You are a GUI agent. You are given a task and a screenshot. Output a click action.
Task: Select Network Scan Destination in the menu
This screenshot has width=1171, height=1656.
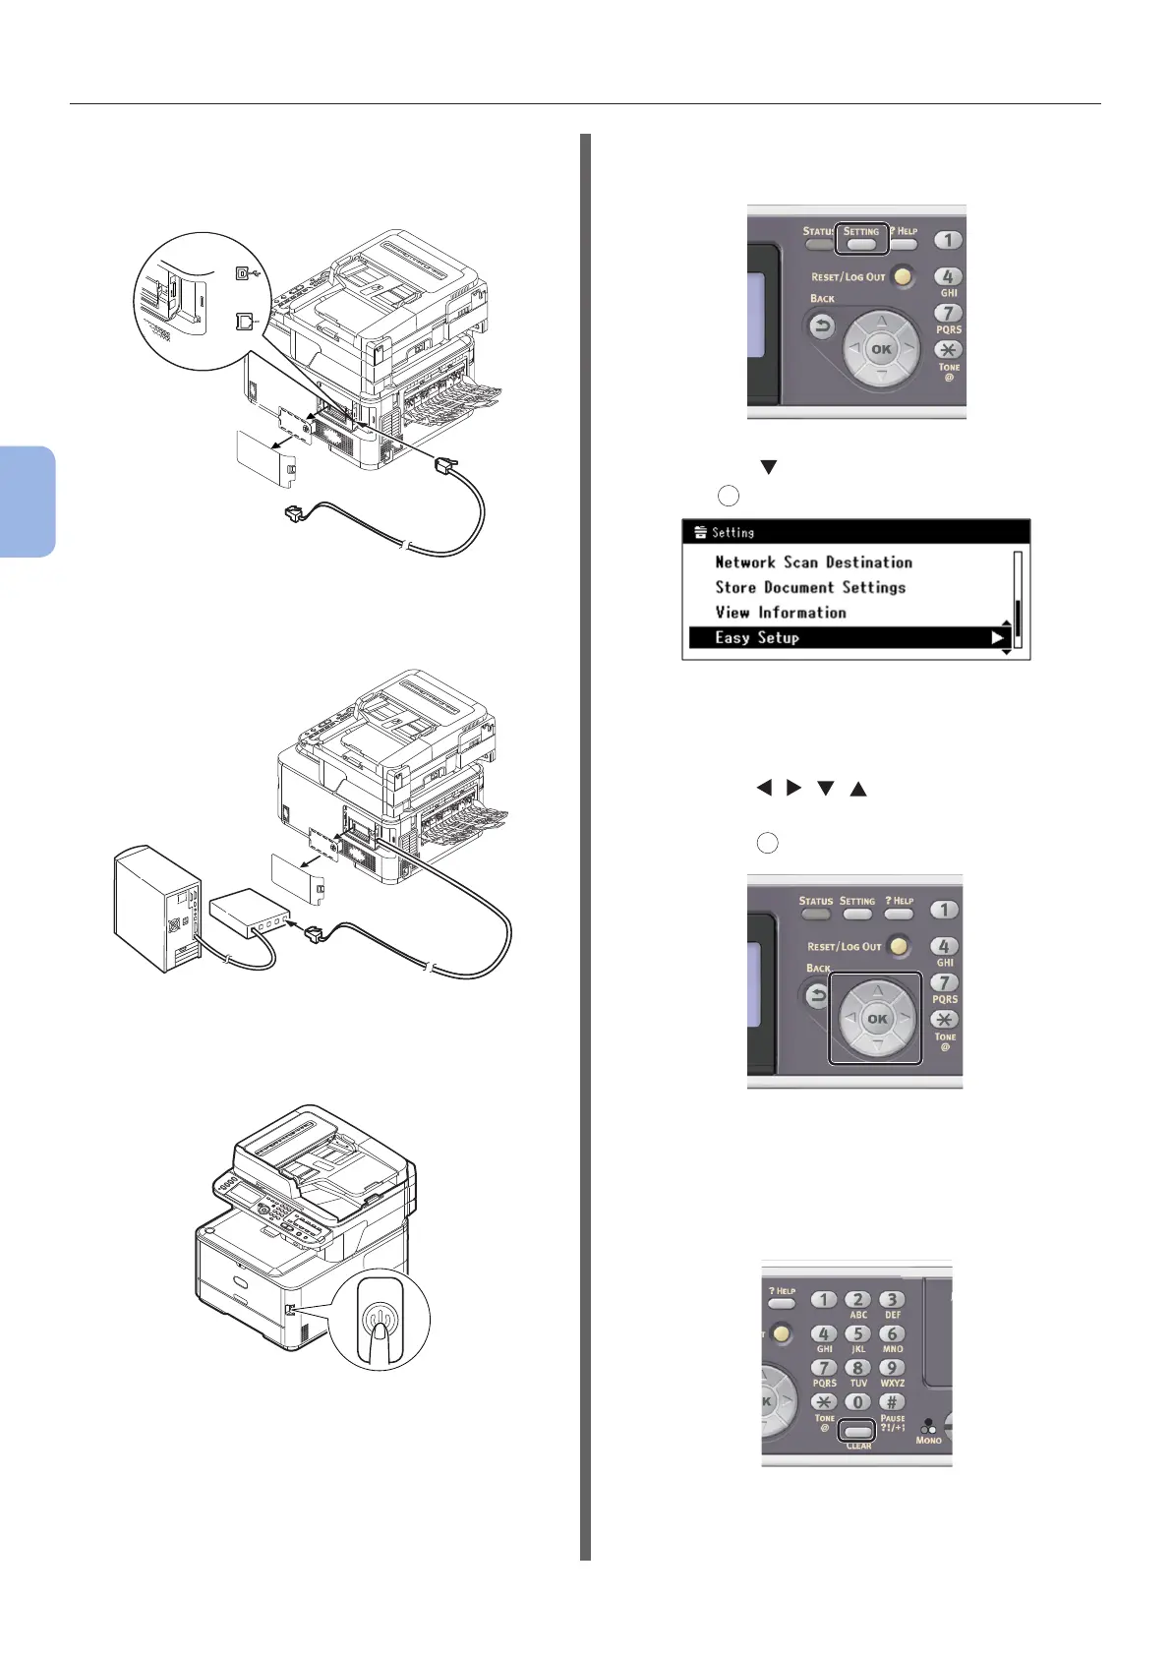point(813,562)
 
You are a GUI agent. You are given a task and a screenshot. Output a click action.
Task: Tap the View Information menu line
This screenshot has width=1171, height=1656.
point(780,613)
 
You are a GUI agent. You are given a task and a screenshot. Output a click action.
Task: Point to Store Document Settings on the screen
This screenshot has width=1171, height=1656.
point(810,587)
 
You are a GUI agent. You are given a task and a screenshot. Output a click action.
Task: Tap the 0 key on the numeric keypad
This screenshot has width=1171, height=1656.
point(858,1402)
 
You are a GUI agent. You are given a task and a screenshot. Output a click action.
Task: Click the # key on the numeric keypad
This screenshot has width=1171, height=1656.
point(892,1402)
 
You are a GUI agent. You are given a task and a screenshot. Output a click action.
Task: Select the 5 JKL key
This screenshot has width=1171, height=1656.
point(858,1334)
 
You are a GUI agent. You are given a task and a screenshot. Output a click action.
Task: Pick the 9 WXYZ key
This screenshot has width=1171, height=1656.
point(892,1368)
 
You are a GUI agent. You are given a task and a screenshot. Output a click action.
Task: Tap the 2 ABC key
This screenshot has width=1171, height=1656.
point(858,1300)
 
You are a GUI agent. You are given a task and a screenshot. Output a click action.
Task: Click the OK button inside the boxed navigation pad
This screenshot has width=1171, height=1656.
point(877,1019)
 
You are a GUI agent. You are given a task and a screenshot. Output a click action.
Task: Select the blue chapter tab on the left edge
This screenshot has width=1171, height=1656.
point(27,502)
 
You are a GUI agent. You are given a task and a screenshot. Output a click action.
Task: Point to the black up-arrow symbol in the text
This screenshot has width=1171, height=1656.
point(858,789)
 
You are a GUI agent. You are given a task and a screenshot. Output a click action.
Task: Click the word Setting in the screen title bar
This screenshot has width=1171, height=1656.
point(732,532)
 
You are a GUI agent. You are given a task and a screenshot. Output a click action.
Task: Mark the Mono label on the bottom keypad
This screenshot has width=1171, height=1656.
point(928,1440)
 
